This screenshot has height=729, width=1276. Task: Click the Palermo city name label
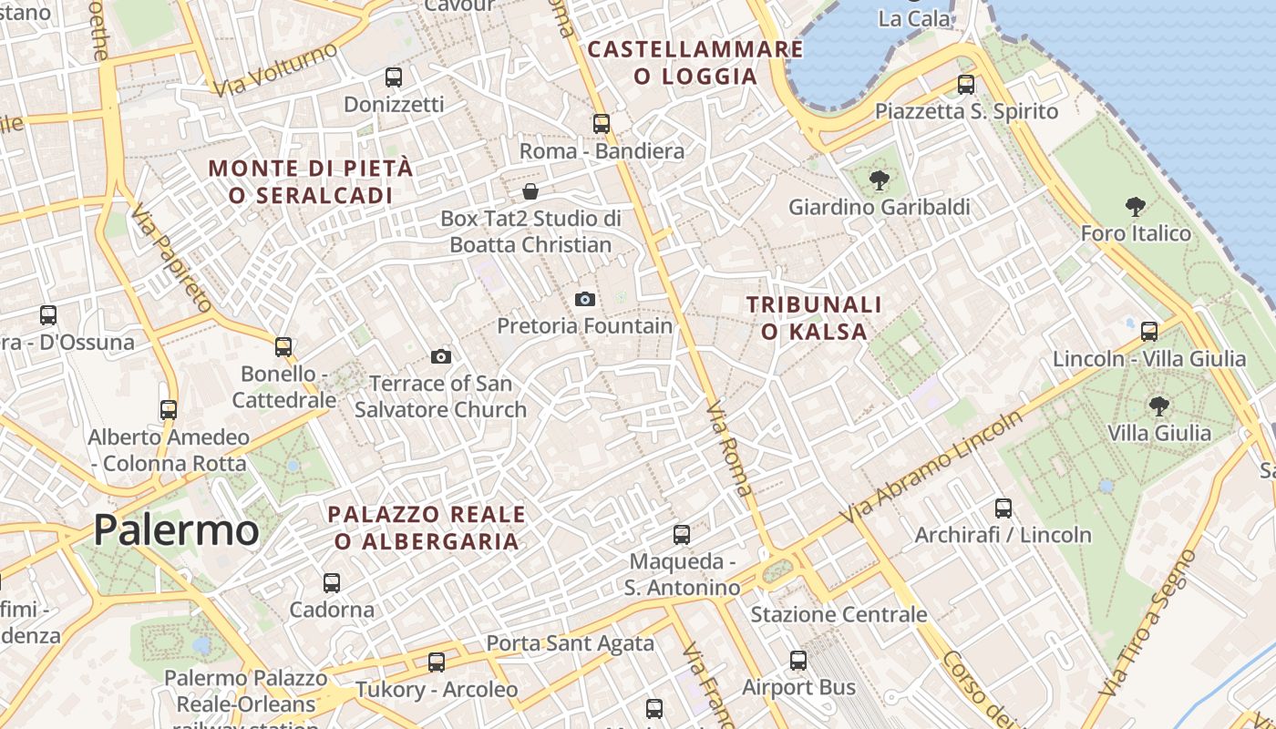(x=176, y=529)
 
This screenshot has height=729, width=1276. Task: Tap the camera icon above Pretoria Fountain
(x=585, y=299)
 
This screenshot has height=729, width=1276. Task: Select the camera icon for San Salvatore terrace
(x=441, y=356)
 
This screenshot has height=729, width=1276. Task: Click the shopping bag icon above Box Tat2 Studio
(x=530, y=191)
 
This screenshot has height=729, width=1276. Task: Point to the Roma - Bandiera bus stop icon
(x=601, y=123)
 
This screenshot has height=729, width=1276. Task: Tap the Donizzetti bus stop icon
(x=394, y=77)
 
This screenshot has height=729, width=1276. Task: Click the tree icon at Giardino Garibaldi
(x=880, y=180)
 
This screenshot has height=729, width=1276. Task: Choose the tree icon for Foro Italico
(x=1135, y=207)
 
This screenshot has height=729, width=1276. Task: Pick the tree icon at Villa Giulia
(x=1158, y=406)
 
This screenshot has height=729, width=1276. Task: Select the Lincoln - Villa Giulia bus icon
(x=1149, y=331)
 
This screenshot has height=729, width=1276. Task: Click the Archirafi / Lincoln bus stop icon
(x=1003, y=508)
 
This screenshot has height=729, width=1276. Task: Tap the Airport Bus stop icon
(x=798, y=660)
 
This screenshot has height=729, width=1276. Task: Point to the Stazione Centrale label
(x=839, y=614)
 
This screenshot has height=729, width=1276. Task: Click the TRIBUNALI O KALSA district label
(x=814, y=317)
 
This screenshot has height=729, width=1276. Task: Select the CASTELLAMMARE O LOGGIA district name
(x=695, y=62)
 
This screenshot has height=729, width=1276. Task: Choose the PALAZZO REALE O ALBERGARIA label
(x=427, y=528)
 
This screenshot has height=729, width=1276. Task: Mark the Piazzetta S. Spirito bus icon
(x=966, y=85)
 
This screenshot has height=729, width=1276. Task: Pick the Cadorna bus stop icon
(x=332, y=582)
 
